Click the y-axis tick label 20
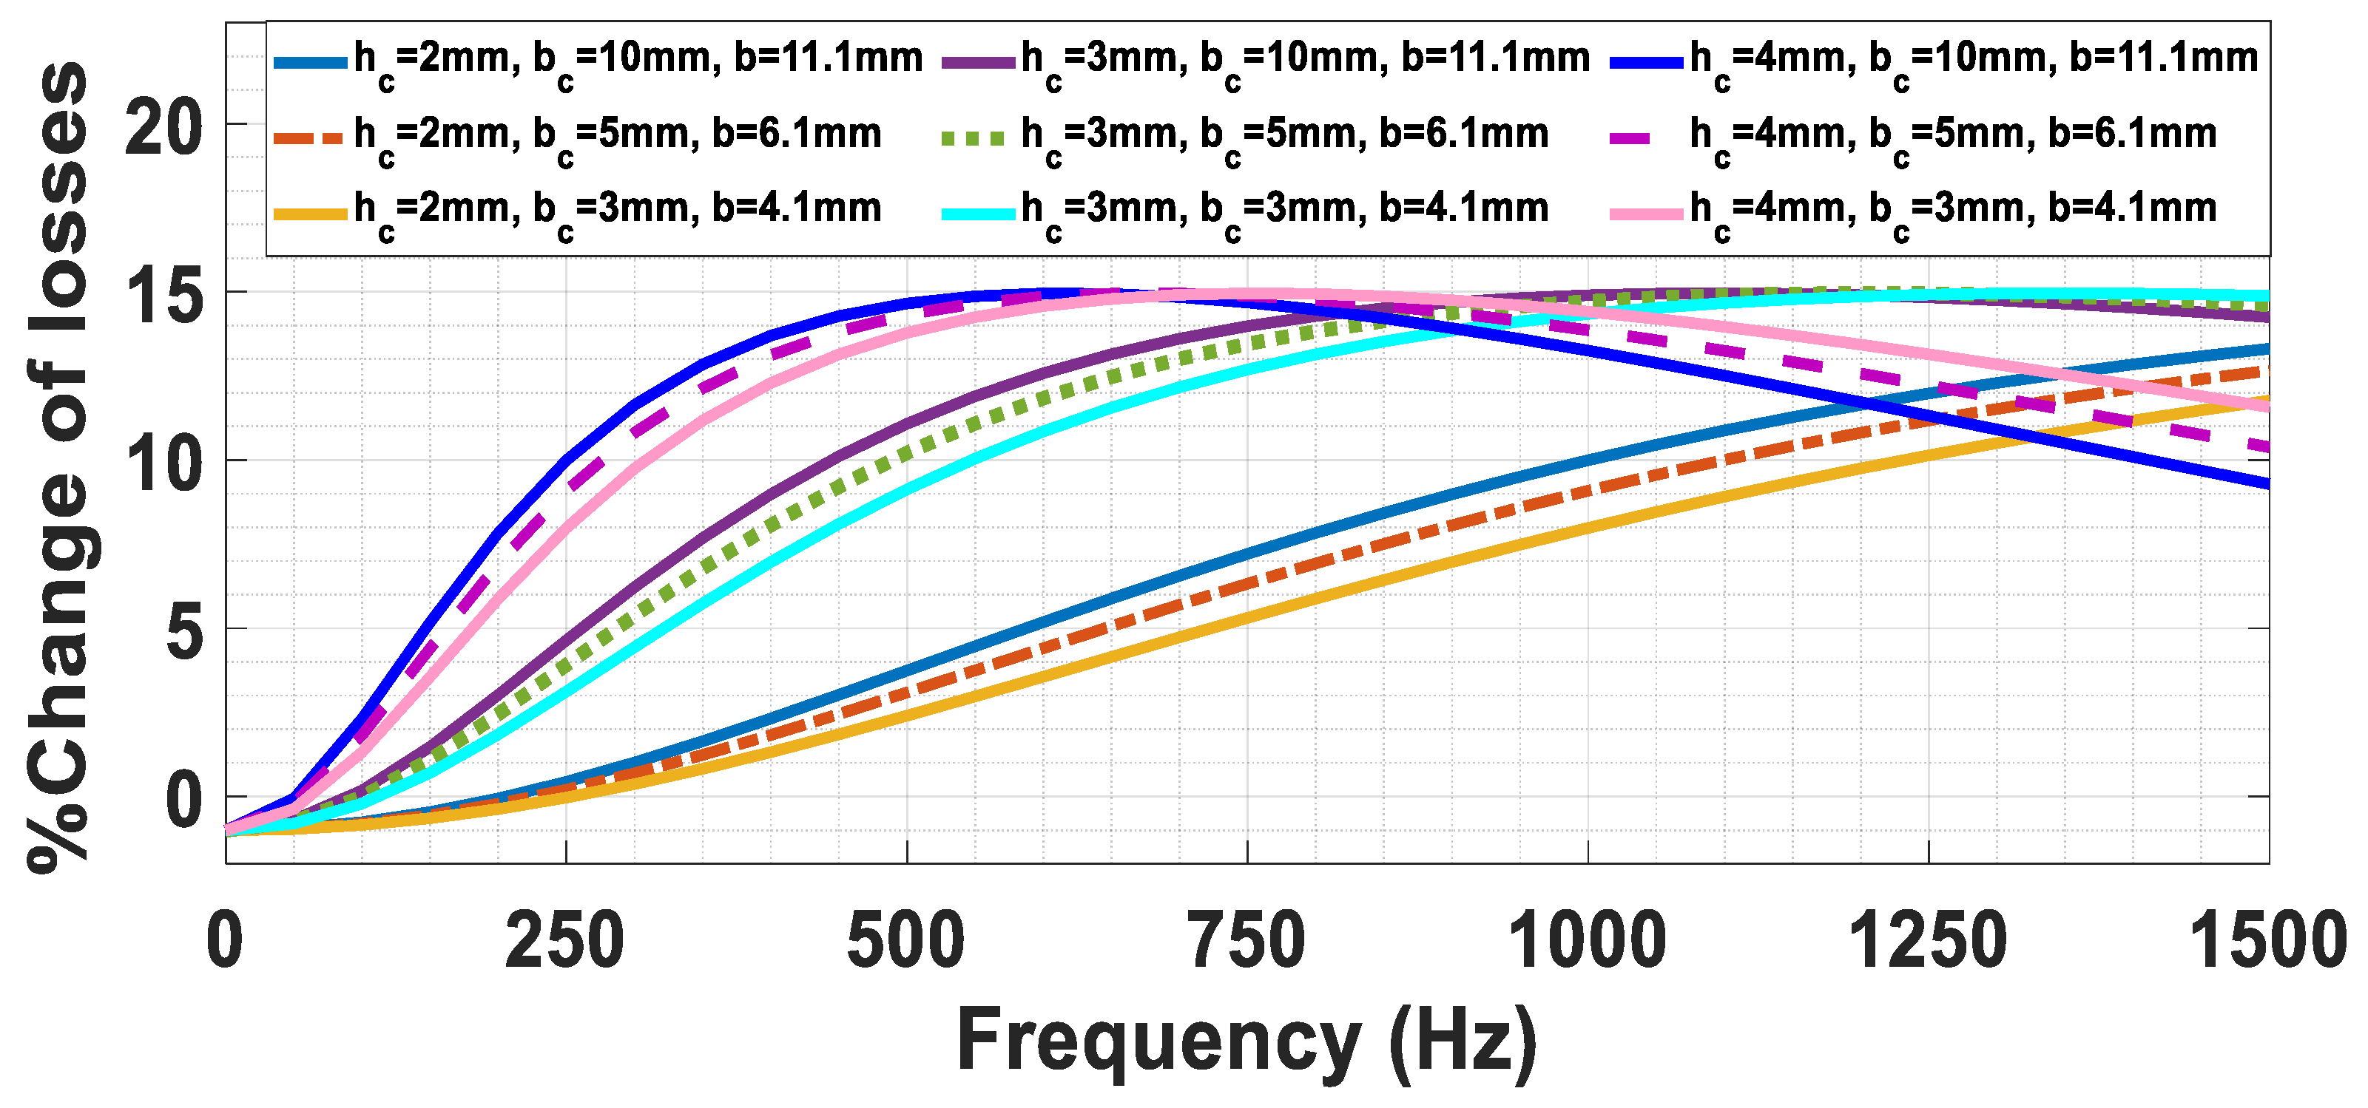[x=163, y=129]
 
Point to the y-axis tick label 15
[x=163, y=296]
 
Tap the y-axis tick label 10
[x=163, y=465]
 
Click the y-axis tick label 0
[x=184, y=801]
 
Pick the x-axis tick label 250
[x=564, y=941]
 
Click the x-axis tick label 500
[x=905, y=941]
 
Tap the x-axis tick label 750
[x=1247, y=941]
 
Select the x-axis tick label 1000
[x=1588, y=941]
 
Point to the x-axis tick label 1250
[x=1928, y=941]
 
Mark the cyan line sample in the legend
[x=978, y=213]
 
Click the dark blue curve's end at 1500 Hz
[x=2265, y=483]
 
